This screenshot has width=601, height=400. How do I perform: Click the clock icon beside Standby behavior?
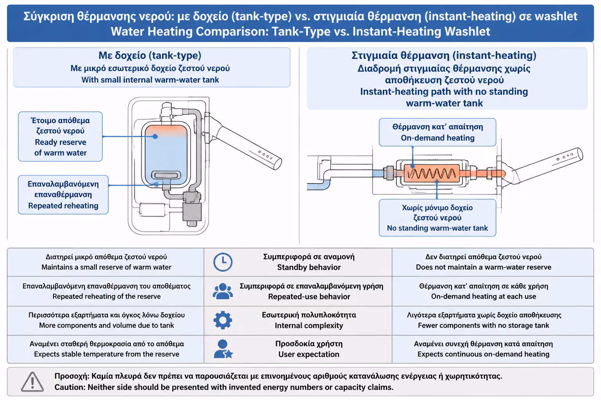tap(223, 262)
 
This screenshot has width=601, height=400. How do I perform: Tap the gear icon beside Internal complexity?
tap(223, 320)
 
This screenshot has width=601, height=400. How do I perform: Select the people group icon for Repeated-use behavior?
tap(223, 291)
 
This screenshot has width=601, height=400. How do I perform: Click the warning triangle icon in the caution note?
tap(32, 382)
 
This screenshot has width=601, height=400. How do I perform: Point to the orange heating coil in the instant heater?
tap(432, 173)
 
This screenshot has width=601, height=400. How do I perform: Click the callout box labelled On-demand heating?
tap(437, 132)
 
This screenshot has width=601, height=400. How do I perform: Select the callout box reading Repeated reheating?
tap(63, 195)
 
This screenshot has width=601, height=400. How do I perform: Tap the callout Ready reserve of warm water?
tap(60, 137)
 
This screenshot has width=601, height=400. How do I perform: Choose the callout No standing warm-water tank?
tap(437, 218)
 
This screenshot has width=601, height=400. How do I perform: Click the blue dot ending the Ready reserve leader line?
tap(155, 136)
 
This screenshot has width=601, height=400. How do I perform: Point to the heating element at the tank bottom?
tap(166, 175)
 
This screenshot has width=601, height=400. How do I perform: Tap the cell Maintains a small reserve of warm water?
tap(106, 262)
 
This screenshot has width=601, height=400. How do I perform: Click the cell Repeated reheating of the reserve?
tap(106, 291)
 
